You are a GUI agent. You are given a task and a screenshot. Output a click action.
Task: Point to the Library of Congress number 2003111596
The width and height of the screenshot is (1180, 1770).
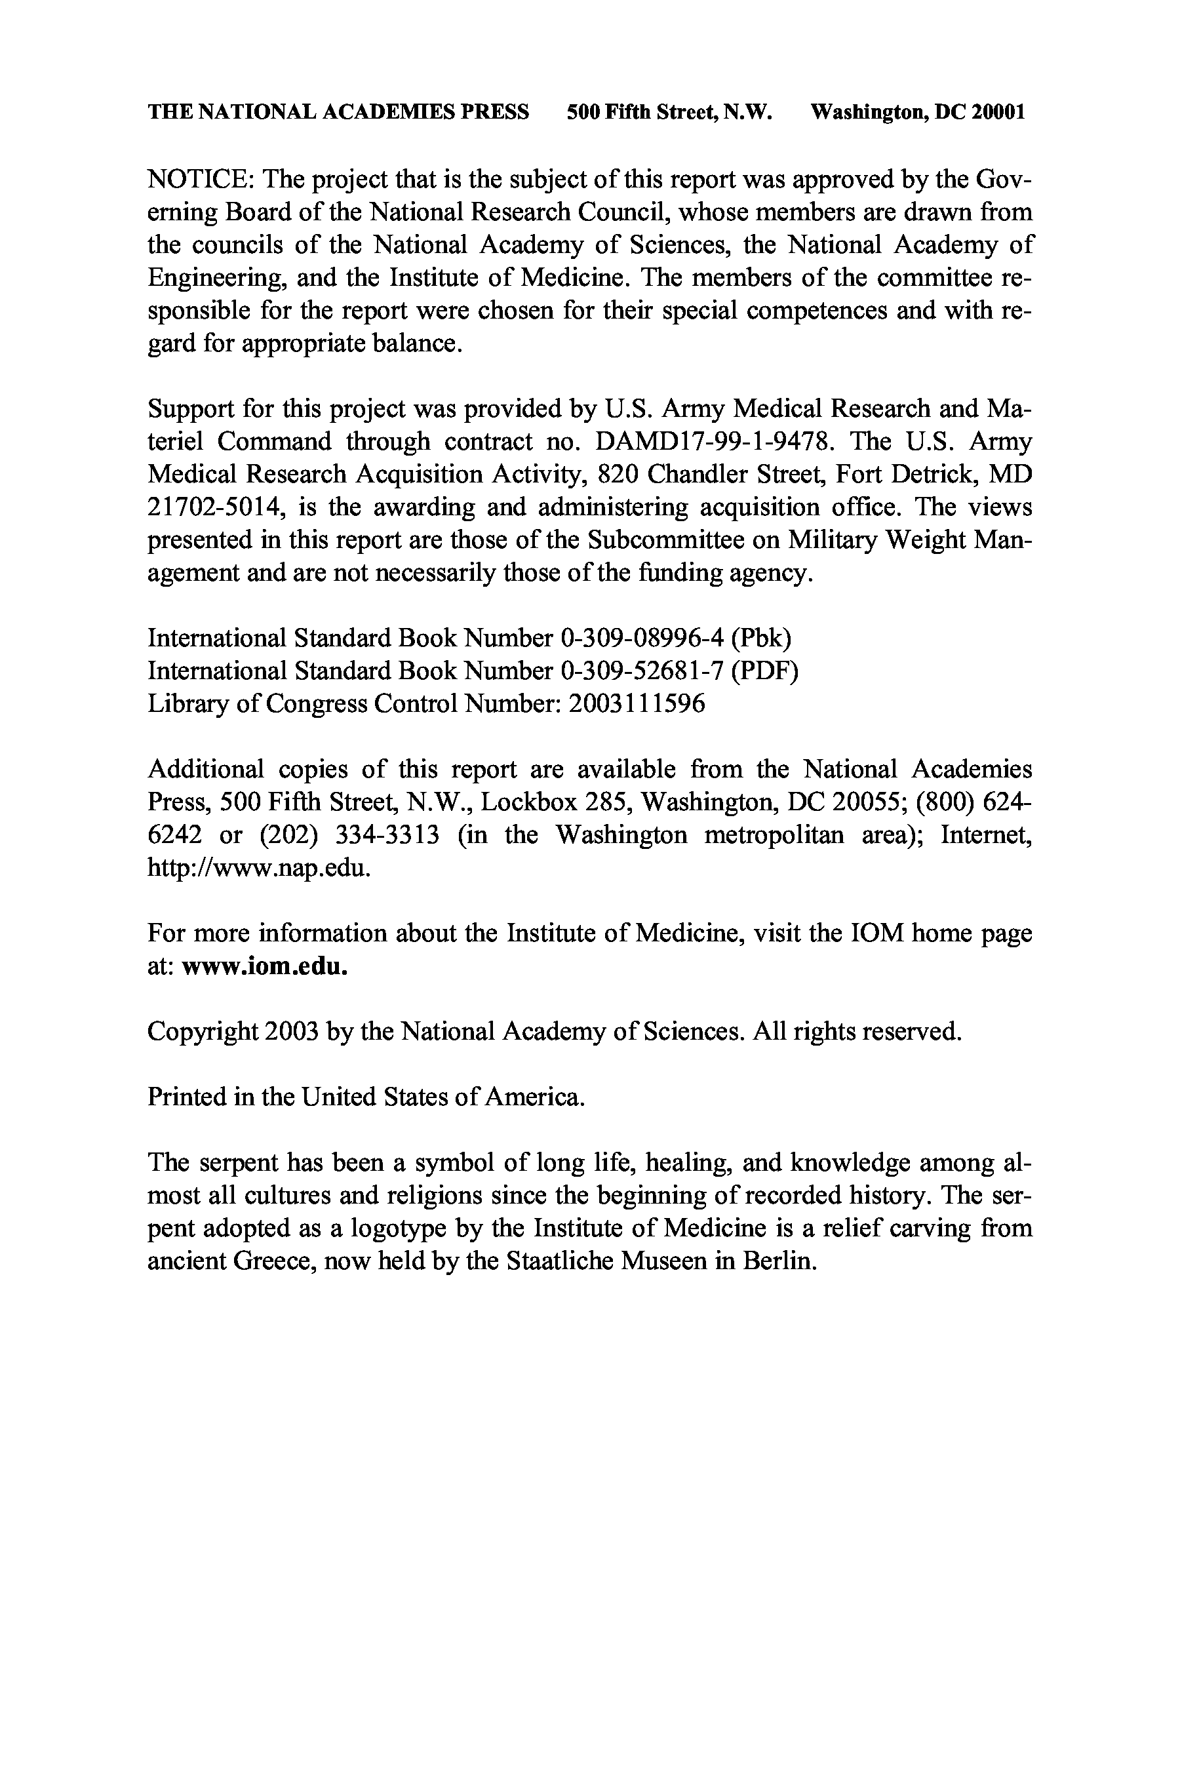point(637,703)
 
